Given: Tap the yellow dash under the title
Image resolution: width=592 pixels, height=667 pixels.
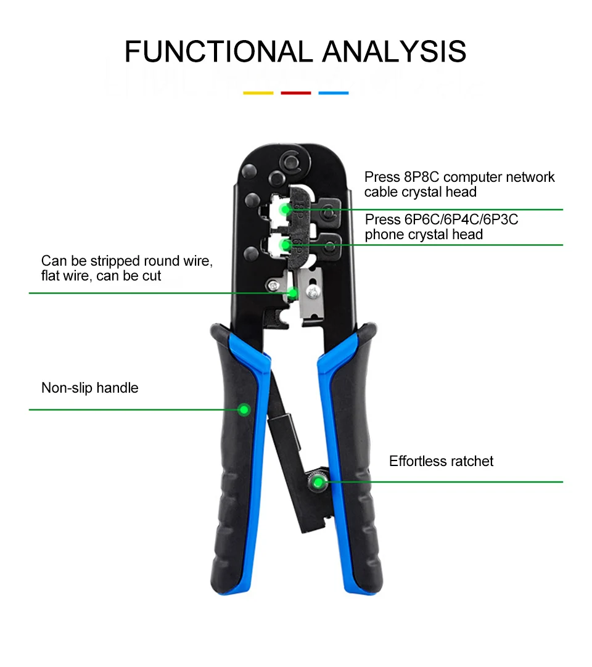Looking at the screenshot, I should pyautogui.click(x=258, y=93).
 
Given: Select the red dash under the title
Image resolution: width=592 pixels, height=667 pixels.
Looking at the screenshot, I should pyautogui.click(x=296, y=93).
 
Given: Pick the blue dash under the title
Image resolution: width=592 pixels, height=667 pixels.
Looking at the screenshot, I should pyautogui.click(x=334, y=93).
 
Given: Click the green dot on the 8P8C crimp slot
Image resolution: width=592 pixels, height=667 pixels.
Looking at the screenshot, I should pyautogui.click(x=286, y=210).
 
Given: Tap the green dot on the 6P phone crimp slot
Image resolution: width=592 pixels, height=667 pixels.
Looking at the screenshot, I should pyautogui.click(x=286, y=245).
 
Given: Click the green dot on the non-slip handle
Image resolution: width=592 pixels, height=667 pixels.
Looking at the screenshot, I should pyautogui.click(x=244, y=409).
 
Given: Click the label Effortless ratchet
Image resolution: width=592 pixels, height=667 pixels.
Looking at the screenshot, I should pyautogui.click(x=441, y=462).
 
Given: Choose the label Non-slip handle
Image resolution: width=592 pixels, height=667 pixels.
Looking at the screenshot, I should pyautogui.click(x=90, y=388).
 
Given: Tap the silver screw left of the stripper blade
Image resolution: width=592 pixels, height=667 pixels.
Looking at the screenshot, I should pyautogui.click(x=273, y=285).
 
